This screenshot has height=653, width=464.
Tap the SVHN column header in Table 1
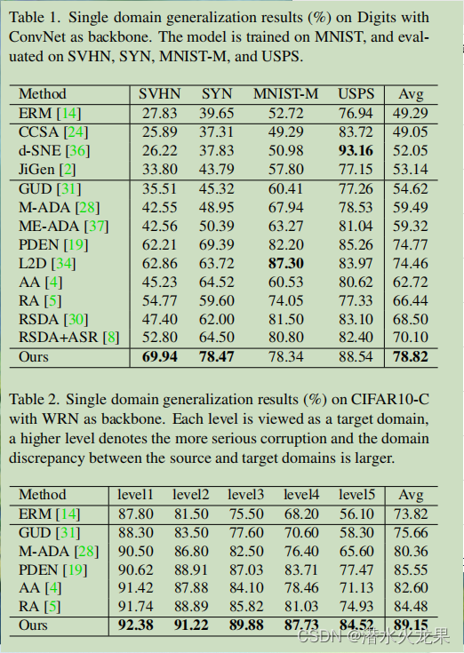pos(160,93)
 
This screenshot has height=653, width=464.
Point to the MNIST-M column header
pos(279,93)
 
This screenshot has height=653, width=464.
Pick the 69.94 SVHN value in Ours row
pos(160,357)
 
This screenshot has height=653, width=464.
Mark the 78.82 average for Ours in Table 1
pos(411,357)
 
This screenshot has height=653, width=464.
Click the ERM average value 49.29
pos(411,113)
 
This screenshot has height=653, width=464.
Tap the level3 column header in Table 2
pos(245,494)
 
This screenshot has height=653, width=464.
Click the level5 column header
pos(356,494)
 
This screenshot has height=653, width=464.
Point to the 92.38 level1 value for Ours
pos(136,625)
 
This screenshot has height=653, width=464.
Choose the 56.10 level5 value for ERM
pos(356,513)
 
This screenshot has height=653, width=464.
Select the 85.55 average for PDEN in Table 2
pos(411,569)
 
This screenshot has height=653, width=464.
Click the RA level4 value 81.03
pos(300,607)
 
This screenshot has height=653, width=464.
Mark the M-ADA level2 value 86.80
pos(191,551)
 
